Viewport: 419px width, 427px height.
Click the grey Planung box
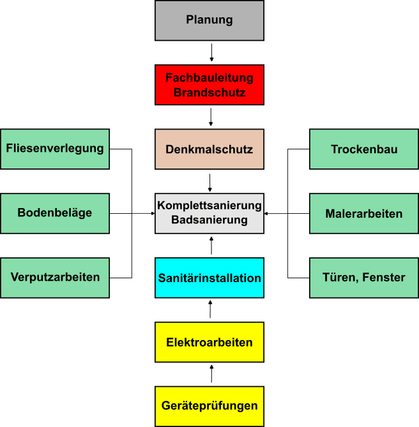click(x=209, y=20)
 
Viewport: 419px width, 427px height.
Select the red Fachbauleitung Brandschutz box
click(x=209, y=85)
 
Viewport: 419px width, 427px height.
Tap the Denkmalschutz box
click(x=209, y=150)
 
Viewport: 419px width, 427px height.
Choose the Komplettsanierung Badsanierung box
click(x=209, y=213)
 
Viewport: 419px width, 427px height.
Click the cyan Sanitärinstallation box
click(x=209, y=278)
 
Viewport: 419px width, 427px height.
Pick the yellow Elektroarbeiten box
click(x=209, y=342)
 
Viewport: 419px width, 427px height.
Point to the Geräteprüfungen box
click(x=209, y=406)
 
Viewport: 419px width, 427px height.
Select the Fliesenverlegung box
click(x=55, y=149)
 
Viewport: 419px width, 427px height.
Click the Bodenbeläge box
click(x=55, y=213)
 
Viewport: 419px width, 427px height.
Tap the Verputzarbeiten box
click(x=55, y=277)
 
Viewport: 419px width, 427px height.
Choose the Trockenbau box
click(x=364, y=149)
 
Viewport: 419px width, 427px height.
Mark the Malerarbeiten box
click(x=364, y=213)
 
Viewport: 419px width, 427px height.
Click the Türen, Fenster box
click(x=364, y=277)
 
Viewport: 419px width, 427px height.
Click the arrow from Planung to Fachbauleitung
click(x=211, y=52)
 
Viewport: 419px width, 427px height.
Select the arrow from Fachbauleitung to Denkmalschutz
click(x=211, y=117)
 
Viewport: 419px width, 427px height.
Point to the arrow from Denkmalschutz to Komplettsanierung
click(x=210, y=182)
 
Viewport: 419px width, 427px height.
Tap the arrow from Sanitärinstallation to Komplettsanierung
click(x=210, y=246)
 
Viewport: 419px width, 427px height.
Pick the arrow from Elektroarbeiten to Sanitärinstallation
click(x=210, y=310)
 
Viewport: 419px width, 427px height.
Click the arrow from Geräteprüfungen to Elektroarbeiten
click(x=210, y=374)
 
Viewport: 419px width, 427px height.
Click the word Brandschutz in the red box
click(x=209, y=93)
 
